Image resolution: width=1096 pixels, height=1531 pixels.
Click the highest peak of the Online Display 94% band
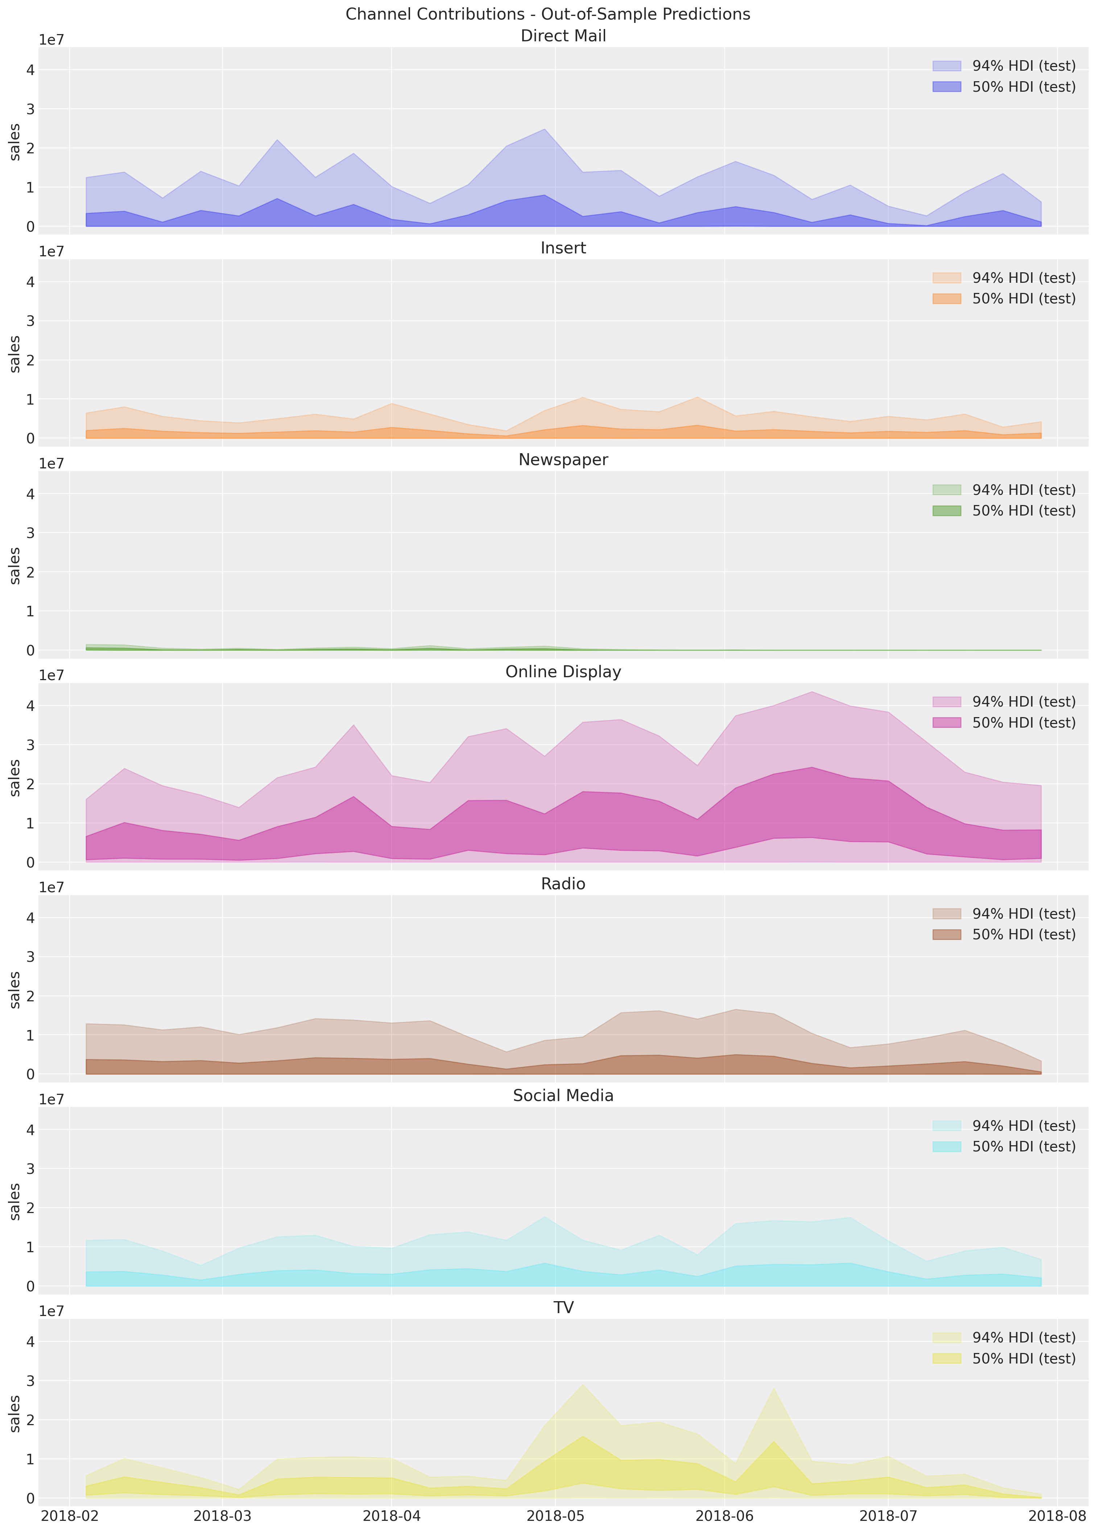812,692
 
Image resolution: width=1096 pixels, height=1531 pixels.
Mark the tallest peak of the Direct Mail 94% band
545,129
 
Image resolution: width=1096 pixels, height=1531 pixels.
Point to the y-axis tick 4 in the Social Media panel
30,1130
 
